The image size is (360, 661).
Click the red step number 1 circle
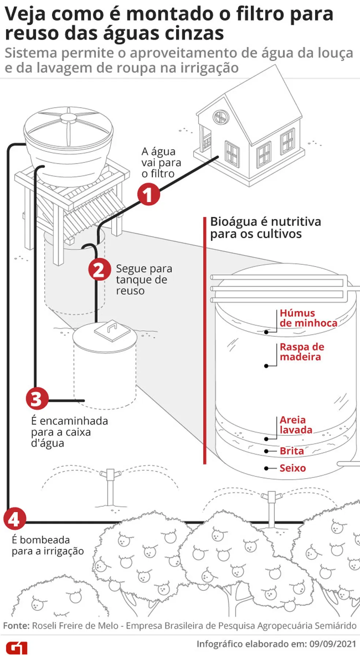[x=149, y=195]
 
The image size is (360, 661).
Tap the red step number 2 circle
[x=99, y=270]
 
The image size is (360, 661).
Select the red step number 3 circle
[x=37, y=399]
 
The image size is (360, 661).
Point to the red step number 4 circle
[x=15, y=519]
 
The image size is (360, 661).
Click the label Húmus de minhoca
[x=308, y=318]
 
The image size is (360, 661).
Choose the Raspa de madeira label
[x=302, y=352]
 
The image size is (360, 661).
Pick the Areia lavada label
[x=296, y=425]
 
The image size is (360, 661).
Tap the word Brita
[x=292, y=451]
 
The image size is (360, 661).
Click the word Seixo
[x=293, y=468]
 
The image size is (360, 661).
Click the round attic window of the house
[x=221, y=117]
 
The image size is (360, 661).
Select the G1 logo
[x=16, y=648]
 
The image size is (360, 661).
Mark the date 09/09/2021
[x=333, y=644]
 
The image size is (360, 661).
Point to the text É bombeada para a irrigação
[x=48, y=545]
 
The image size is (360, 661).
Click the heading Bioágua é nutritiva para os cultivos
[x=265, y=228]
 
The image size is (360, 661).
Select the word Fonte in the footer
[x=16, y=626]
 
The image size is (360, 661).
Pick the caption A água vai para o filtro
[x=161, y=162]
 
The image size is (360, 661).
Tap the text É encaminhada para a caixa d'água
[x=69, y=432]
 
